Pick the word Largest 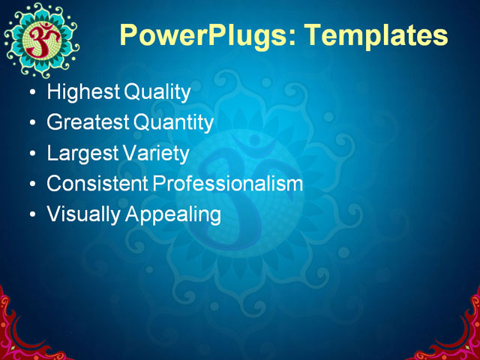click(81, 154)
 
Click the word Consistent click(97, 184)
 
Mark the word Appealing click(173, 214)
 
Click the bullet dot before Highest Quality click(31, 94)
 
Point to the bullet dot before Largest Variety click(31, 154)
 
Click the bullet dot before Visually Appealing click(31, 215)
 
